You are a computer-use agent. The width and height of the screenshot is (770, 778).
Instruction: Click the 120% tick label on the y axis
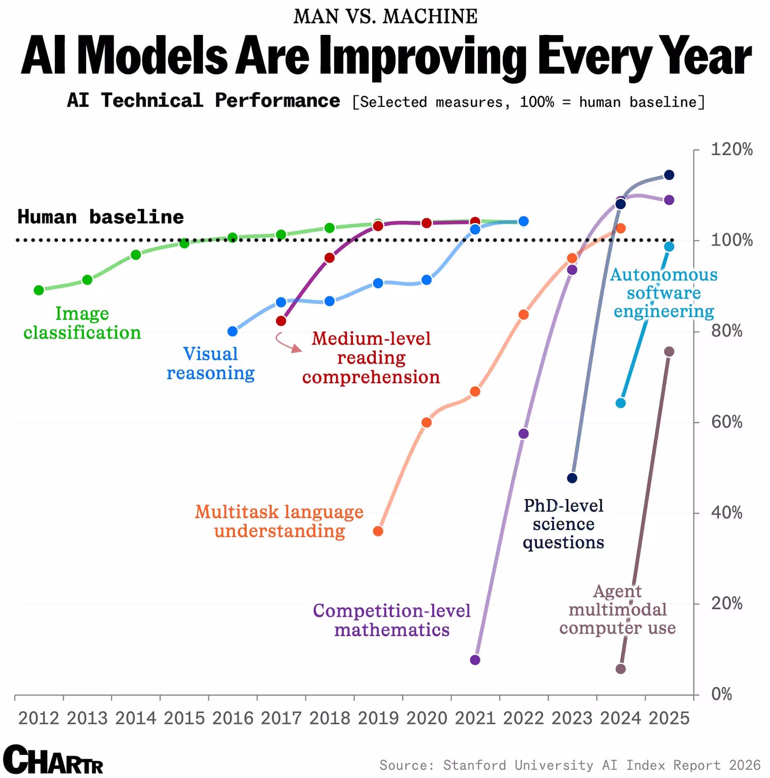click(x=731, y=149)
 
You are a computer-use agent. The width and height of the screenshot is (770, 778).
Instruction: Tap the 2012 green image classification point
click(x=38, y=290)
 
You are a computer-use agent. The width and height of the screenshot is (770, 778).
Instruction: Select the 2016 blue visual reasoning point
click(x=232, y=331)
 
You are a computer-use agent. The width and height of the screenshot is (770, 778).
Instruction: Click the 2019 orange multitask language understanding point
click(x=378, y=531)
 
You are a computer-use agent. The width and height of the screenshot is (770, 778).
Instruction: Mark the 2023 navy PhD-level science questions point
click(x=572, y=478)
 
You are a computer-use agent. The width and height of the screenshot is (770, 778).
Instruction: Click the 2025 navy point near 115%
click(x=669, y=175)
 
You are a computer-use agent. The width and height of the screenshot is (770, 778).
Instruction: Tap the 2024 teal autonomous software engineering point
click(x=621, y=403)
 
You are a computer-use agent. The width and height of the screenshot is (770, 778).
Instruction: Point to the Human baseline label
click(x=101, y=217)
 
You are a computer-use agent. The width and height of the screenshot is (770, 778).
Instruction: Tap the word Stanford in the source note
click(x=474, y=765)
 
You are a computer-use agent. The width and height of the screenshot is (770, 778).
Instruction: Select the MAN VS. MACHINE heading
click(x=385, y=16)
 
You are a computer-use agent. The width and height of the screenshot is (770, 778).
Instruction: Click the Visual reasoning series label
click(x=211, y=363)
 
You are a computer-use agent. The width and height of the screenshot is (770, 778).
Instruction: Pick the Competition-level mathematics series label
click(x=392, y=620)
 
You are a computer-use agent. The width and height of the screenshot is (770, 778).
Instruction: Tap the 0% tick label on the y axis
click(x=721, y=694)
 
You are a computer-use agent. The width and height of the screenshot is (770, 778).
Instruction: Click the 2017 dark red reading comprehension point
click(x=281, y=321)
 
